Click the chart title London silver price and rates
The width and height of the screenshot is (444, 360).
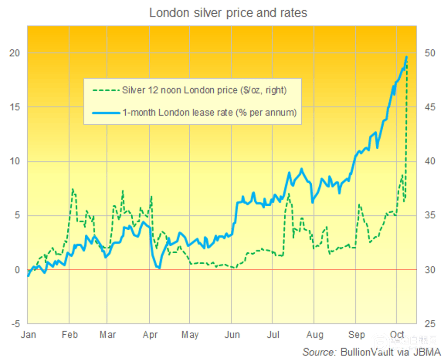228,12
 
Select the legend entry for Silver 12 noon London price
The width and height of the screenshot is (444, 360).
204,90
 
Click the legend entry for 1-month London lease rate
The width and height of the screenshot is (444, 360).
209,112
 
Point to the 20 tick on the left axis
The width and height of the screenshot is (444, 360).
15,53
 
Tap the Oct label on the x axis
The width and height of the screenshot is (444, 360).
397,335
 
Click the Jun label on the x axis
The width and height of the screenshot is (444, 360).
233,335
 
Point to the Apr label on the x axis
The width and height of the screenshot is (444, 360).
150,335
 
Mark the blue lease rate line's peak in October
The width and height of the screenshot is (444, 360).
406,57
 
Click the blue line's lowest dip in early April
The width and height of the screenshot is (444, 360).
159,268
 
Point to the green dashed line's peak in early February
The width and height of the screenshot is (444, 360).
73,189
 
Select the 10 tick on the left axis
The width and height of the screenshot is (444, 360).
15,161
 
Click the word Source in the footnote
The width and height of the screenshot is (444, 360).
318,352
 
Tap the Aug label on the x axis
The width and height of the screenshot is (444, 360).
315,335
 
